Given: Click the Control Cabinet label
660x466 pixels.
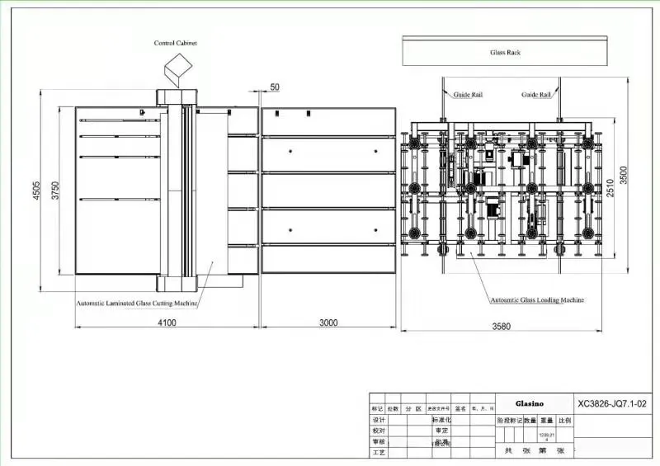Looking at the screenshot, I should tap(176, 42).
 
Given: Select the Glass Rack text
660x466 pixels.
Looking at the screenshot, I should tap(506, 52).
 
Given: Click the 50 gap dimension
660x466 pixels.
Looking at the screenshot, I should tap(275, 87).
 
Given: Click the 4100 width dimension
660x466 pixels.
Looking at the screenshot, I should tap(167, 322).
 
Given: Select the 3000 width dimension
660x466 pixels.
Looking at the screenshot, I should tap(328, 322).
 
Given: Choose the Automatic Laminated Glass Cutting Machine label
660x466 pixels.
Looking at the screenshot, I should tap(137, 303).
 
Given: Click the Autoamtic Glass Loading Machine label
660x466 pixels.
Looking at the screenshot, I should tap(537, 300).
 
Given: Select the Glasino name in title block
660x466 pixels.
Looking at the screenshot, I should tap(530, 405).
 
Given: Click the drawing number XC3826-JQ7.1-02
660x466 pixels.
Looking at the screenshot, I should tap(610, 405).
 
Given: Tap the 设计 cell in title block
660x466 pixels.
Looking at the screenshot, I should tap(379, 420).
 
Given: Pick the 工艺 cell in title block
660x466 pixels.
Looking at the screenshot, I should tap(379, 453).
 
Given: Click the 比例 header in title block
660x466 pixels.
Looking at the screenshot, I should tap(564, 420).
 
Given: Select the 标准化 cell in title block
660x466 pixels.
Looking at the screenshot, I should tap(442, 420).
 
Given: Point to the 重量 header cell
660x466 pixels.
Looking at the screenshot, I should tap(546, 420).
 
